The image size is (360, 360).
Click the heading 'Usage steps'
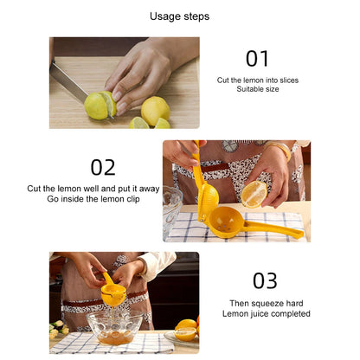pyautogui.click(x=179, y=16)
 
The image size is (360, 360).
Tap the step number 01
pyautogui.click(x=257, y=58)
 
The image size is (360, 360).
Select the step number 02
pyautogui.click(x=103, y=166)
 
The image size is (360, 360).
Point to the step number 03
pyautogui.click(x=264, y=280)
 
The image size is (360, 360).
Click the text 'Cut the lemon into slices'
pyautogui.click(x=258, y=80)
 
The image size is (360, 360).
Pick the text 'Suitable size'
pyautogui.click(x=258, y=90)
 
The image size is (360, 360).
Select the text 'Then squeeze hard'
pyautogui.click(x=270, y=303)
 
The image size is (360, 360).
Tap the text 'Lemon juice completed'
pyautogui.click(x=270, y=314)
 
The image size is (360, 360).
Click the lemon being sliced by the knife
pyautogui.click(x=98, y=106)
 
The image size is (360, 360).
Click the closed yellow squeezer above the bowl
pyautogui.click(x=113, y=292)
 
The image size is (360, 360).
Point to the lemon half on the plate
pyautogui.click(x=184, y=331)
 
